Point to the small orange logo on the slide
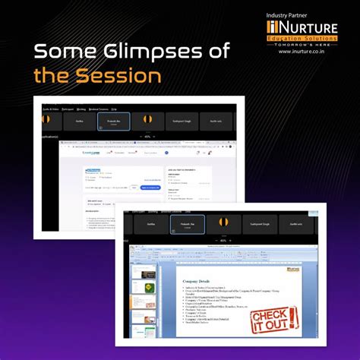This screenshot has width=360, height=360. [x=295, y=268]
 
